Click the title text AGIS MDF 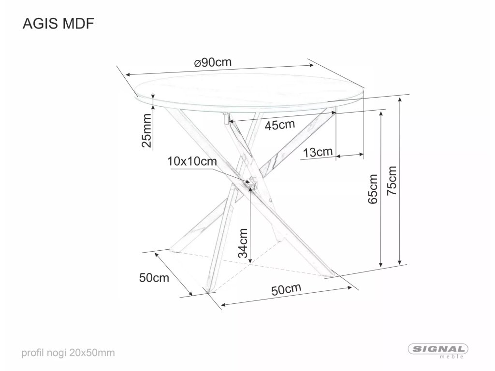[x=57, y=24]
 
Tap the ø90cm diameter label [x=213, y=63]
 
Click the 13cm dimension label [x=318, y=153]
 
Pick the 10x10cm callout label [x=191, y=161]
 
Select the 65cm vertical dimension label [x=373, y=189]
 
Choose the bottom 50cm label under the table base [x=286, y=289]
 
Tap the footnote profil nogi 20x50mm [x=68, y=353]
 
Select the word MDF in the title [x=78, y=24]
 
